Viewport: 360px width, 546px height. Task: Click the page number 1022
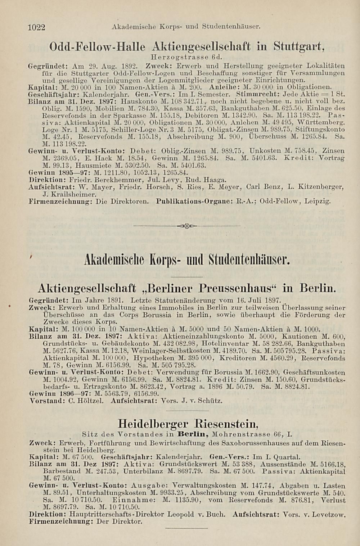36,27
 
